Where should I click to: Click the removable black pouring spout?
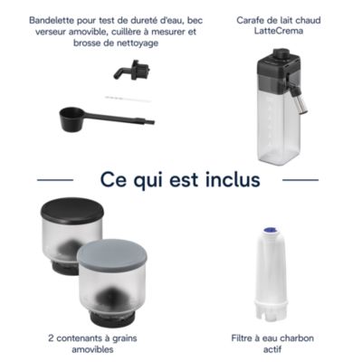tap(132, 70)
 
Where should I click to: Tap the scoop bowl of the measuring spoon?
tap(71, 119)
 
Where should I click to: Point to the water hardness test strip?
tap(128, 99)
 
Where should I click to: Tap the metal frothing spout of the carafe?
tap(299, 101)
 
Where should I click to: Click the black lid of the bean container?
tap(72, 210)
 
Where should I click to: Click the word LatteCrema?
tap(279, 31)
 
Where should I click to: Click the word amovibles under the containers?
tap(92, 349)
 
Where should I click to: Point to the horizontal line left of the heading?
tap(55, 180)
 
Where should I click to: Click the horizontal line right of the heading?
tap(300, 180)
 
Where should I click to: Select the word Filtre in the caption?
tap(242, 338)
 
